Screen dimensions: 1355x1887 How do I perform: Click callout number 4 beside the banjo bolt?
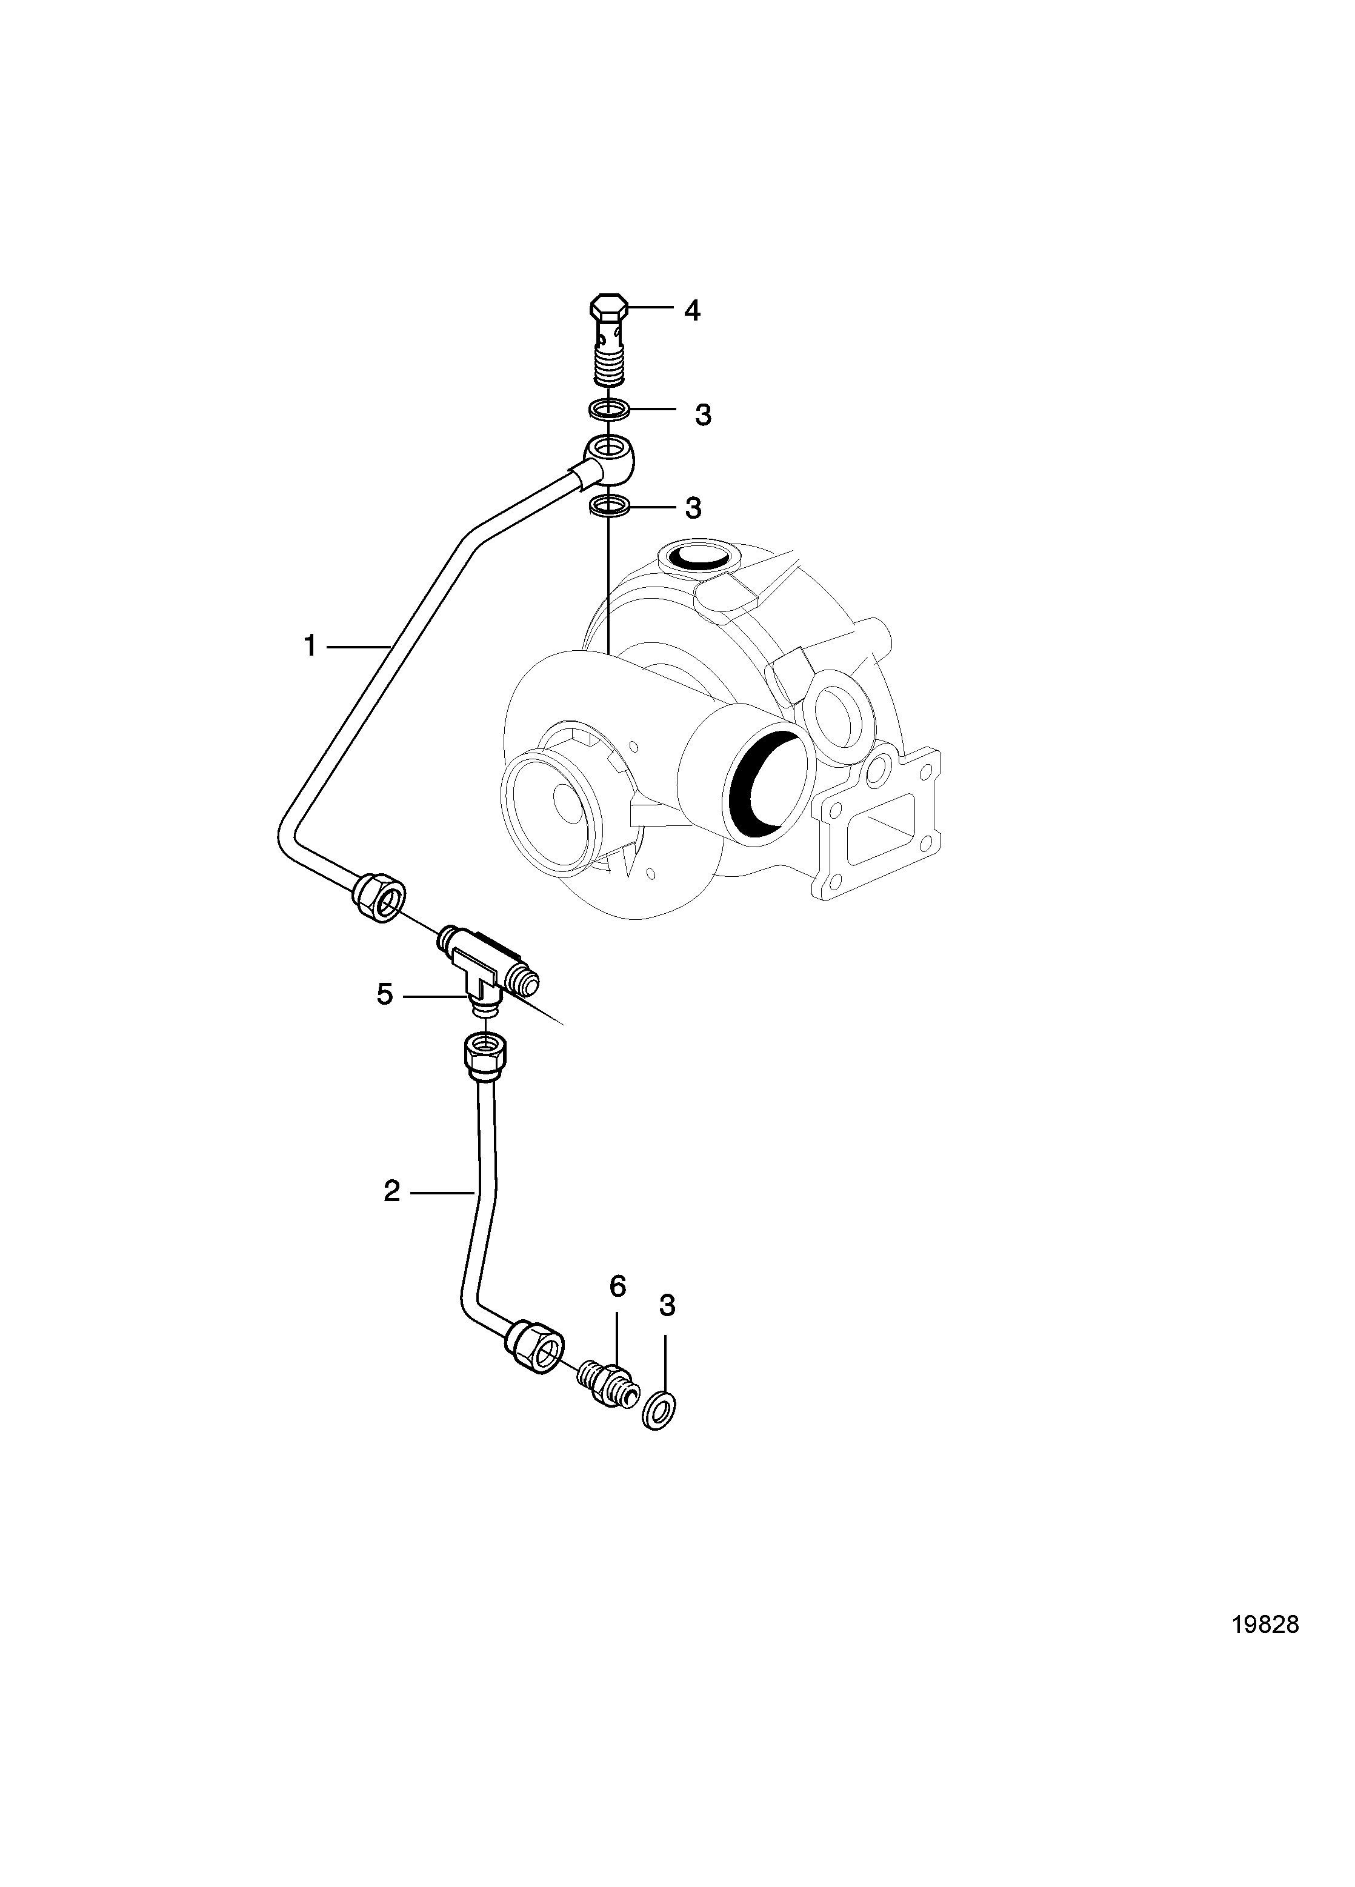coord(691,311)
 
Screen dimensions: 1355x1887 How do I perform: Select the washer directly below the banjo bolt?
coord(608,410)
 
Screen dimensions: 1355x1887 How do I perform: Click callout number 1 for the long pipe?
coord(310,645)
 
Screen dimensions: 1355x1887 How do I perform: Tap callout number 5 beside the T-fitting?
coord(384,994)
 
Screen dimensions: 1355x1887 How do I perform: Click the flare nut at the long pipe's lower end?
coord(379,897)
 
